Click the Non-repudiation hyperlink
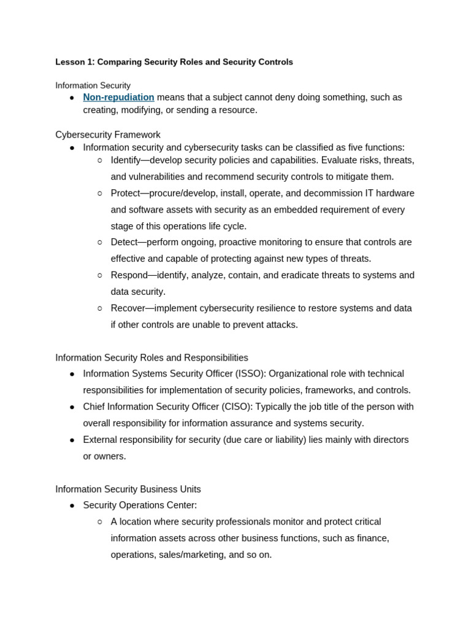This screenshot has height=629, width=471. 118,97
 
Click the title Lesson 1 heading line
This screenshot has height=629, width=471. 174,62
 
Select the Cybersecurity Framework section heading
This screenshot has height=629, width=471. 108,135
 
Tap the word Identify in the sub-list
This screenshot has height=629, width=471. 125,160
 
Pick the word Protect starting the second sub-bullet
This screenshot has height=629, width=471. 125,193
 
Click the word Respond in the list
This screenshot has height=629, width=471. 129,275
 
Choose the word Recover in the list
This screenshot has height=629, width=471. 128,308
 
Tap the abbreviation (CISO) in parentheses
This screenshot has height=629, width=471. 235,407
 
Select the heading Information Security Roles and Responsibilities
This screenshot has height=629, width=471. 151,357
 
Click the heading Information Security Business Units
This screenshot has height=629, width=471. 128,490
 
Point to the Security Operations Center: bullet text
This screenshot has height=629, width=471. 140,506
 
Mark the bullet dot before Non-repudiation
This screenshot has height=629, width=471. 72,98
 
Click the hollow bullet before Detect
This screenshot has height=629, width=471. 100,243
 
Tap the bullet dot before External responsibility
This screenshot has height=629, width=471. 72,440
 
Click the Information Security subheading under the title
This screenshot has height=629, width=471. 93,85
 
